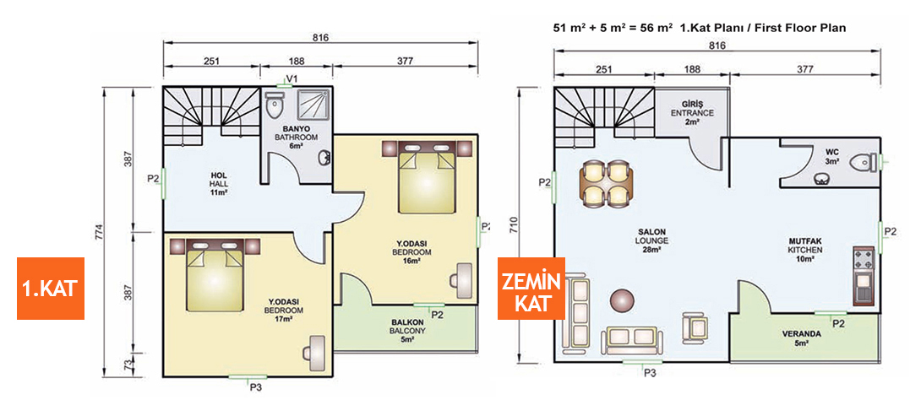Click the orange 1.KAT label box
(50, 289)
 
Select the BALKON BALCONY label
(406, 330)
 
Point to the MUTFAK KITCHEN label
(804, 250)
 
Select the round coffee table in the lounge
(624, 301)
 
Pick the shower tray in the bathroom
(311, 105)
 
